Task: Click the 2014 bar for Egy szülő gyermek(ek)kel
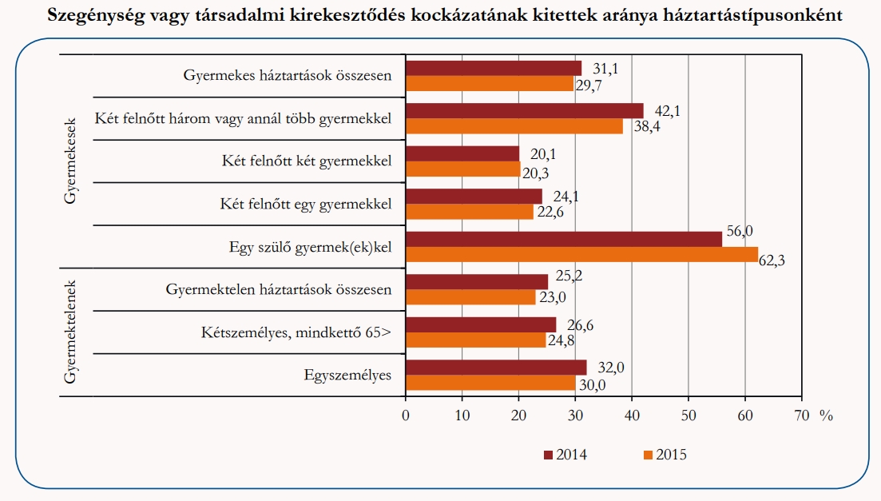click(563, 239)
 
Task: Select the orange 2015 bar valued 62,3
click(581, 254)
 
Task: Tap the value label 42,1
click(666, 111)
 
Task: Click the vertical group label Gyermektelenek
click(69, 332)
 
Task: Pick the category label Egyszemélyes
click(347, 375)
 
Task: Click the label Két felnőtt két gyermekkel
click(307, 161)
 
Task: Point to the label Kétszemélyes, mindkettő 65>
click(296, 332)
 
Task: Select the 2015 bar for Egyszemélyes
click(490, 383)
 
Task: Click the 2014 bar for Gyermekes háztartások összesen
click(493, 68)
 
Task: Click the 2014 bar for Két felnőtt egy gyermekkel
click(474, 196)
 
